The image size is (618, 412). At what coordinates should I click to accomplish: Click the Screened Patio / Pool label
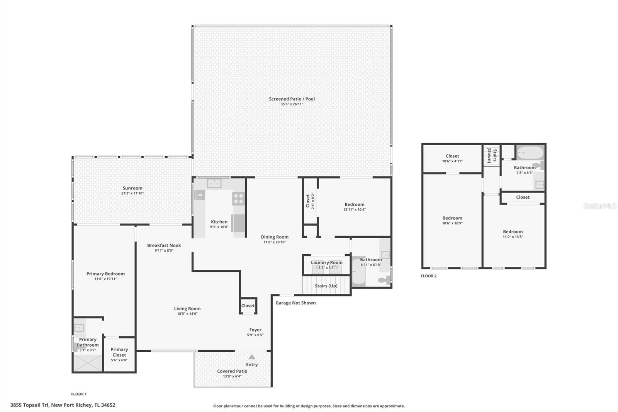click(292, 99)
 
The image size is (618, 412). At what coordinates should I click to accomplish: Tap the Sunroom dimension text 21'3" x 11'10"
click(132, 193)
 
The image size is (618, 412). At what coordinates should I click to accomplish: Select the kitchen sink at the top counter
click(214, 183)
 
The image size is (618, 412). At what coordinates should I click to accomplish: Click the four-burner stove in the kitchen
click(238, 199)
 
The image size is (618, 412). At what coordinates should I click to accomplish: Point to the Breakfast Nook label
click(164, 245)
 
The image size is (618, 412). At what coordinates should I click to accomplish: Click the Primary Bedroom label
click(105, 274)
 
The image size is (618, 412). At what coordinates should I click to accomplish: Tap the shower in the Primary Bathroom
click(88, 363)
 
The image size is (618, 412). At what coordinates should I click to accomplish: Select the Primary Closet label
click(119, 352)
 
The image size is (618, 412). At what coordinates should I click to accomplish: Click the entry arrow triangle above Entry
click(252, 357)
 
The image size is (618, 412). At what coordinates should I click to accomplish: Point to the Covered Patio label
click(232, 371)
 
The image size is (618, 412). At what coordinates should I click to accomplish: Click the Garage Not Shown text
click(295, 303)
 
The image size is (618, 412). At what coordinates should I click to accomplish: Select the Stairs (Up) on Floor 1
click(326, 286)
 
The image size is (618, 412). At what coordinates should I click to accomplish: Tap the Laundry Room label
click(327, 262)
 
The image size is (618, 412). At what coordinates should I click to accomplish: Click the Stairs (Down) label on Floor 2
click(492, 155)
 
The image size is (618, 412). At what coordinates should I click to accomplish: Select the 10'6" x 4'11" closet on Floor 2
click(452, 158)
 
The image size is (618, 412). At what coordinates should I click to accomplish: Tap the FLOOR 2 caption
click(429, 276)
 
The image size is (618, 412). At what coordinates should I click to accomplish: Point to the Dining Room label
click(274, 237)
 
